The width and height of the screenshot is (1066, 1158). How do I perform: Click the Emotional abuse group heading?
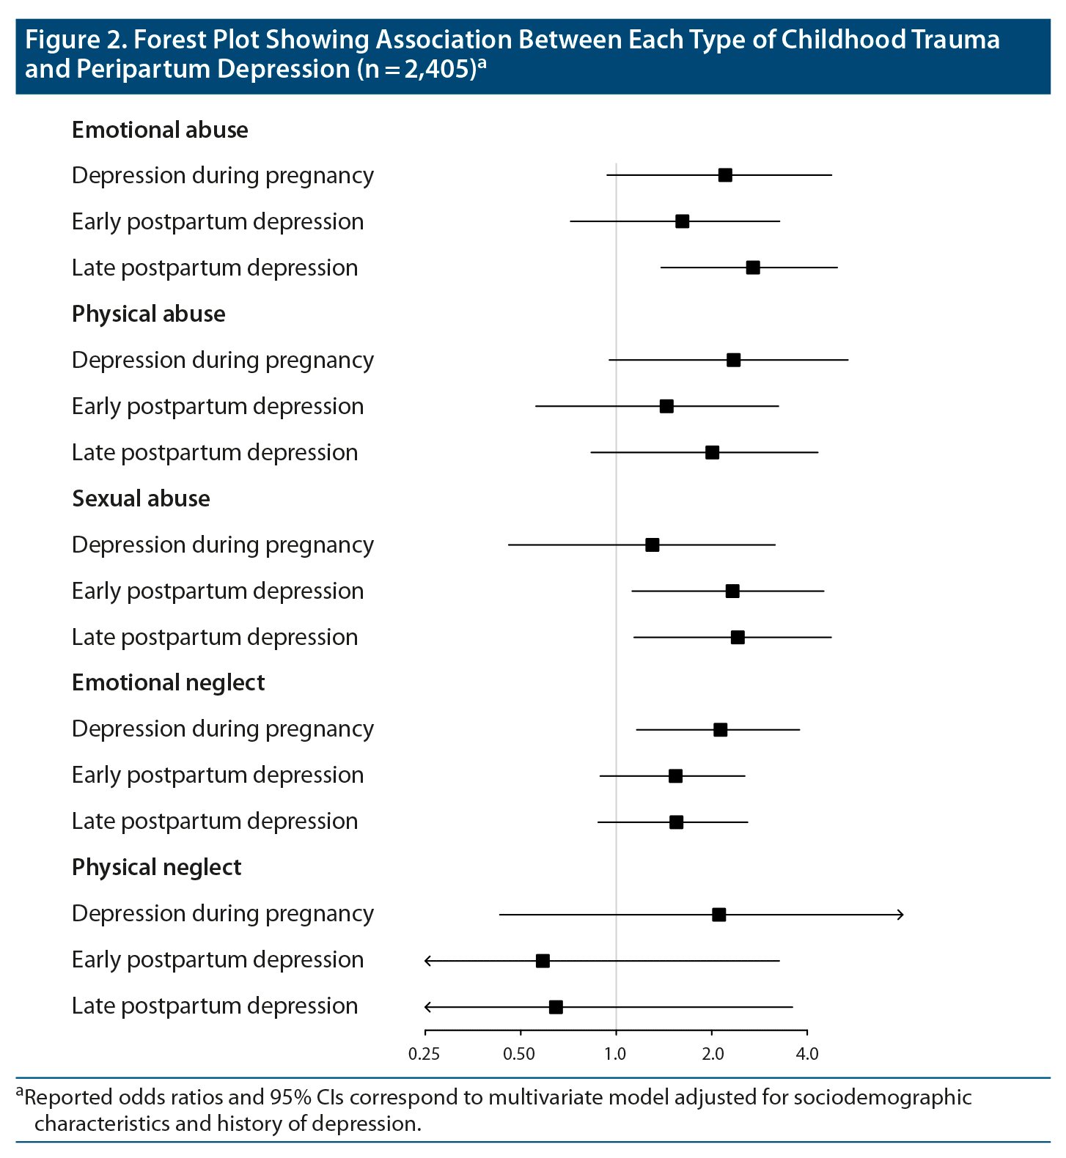pos(160,130)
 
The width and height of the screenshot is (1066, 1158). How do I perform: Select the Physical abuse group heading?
pos(148,314)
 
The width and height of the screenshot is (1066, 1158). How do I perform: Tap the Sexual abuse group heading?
pos(141,498)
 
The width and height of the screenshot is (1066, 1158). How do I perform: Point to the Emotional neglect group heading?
pos(168,682)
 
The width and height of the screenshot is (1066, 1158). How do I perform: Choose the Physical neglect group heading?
pos(156,867)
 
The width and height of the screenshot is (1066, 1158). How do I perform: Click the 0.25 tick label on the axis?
pos(424,1055)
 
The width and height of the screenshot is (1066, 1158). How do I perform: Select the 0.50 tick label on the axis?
pos(519,1055)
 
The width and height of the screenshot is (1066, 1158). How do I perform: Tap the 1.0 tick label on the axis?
pos(615,1055)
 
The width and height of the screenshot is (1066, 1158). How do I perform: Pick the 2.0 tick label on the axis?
pos(712,1055)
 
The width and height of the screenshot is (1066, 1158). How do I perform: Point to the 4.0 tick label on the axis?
pos(807,1055)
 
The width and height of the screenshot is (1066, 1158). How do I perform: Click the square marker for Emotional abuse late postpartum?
pos(753,268)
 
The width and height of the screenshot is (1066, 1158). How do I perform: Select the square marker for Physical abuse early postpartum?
pos(666,406)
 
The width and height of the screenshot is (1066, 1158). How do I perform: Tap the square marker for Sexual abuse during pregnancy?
pos(652,545)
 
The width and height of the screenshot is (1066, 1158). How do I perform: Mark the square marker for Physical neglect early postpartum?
pos(543,961)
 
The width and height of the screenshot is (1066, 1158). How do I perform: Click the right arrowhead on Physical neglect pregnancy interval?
pos(900,915)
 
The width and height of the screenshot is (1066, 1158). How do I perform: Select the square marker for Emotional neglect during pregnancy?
pos(721,729)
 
